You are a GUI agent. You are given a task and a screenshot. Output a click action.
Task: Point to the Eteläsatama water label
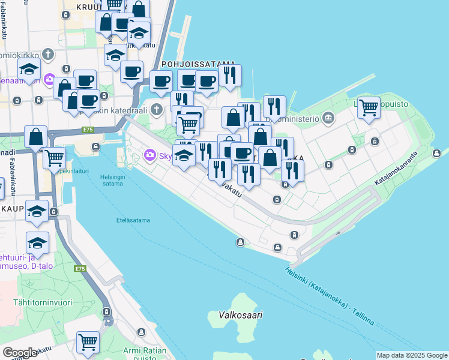click(x=133, y=220)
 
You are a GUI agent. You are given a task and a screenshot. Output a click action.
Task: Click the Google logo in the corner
click(x=19, y=352)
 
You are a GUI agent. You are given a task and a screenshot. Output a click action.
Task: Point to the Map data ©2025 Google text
click(x=412, y=355)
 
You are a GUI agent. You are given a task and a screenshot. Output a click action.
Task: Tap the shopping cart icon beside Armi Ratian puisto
click(x=88, y=342)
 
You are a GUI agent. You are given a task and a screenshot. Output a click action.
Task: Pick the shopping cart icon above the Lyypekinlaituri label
click(x=54, y=158)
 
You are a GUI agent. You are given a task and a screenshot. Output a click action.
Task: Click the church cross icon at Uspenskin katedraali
click(x=157, y=109)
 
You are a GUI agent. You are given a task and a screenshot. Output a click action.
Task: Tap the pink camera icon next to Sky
click(x=149, y=156)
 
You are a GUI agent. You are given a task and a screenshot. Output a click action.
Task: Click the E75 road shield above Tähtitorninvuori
click(x=80, y=269)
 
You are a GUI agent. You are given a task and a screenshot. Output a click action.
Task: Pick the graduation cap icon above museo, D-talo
click(x=37, y=242)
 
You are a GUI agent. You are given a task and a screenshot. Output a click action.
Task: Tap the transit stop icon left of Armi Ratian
click(x=106, y=312)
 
